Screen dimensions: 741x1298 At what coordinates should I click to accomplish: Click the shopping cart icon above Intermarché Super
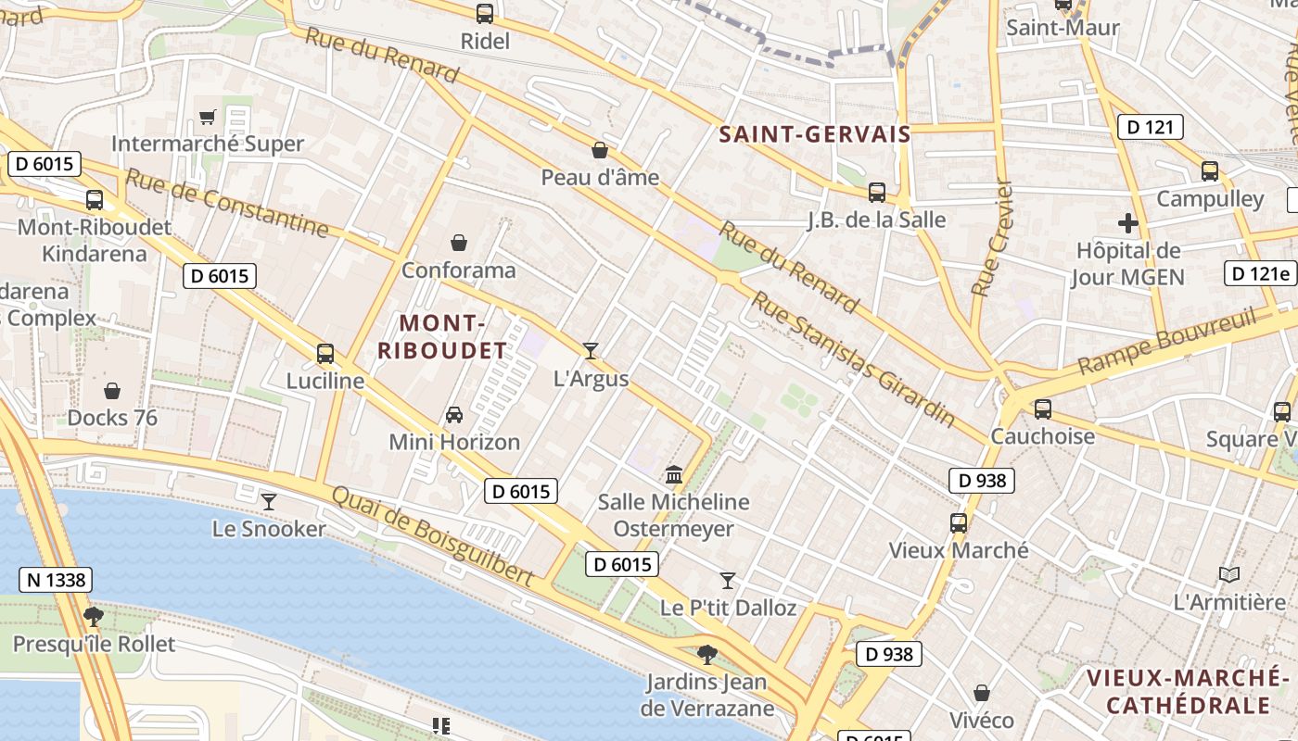[207, 117]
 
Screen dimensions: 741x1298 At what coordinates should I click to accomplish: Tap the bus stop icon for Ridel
[485, 14]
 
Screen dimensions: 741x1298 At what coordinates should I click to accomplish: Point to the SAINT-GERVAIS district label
[815, 134]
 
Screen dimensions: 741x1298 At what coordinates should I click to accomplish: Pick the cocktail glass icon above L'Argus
[591, 350]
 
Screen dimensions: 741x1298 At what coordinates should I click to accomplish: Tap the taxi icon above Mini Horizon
[454, 414]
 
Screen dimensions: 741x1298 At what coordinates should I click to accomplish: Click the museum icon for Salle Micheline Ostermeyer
[674, 474]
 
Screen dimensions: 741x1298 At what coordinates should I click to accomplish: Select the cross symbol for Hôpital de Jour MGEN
[1127, 223]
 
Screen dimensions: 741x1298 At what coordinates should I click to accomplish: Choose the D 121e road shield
[1260, 273]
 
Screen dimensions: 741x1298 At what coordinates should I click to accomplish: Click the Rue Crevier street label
[991, 238]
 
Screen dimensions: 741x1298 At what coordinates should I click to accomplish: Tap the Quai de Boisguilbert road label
[432, 535]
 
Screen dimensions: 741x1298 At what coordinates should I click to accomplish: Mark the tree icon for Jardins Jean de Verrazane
[707, 655]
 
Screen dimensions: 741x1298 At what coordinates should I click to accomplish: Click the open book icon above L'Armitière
[1229, 574]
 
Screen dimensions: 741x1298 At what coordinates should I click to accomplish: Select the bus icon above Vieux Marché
[959, 522]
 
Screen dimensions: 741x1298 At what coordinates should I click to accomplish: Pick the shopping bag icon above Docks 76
[112, 390]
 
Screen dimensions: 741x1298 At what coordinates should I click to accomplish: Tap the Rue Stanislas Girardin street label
[853, 359]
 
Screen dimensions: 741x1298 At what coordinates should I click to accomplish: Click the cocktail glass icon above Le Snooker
[269, 501]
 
